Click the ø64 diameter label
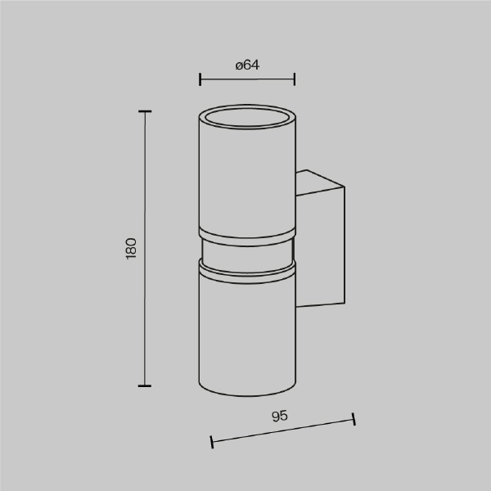point(247,65)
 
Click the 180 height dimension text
point(131,248)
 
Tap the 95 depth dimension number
point(280,417)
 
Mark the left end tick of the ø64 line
point(200,79)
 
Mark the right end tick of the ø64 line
point(295,79)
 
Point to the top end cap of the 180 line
point(145,111)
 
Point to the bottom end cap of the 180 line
point(145,385)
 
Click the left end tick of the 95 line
point(212,442)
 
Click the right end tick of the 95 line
point(354,419)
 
